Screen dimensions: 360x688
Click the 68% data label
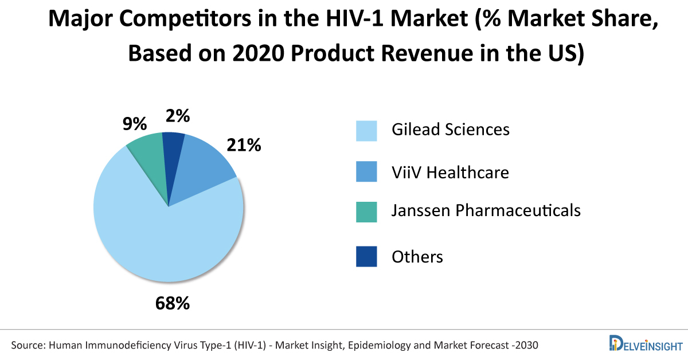click(172, 303)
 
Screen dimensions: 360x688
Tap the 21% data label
click(244, 146)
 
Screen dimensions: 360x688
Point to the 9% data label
click(135, 124)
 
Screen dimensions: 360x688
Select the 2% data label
click(178, 116)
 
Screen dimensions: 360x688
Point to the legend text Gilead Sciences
click(450, 130)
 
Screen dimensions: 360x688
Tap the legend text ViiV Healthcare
click(450, 172)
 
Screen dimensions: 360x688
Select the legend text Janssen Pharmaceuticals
click(486, 211)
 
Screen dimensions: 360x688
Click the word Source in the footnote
click(28, 345)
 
